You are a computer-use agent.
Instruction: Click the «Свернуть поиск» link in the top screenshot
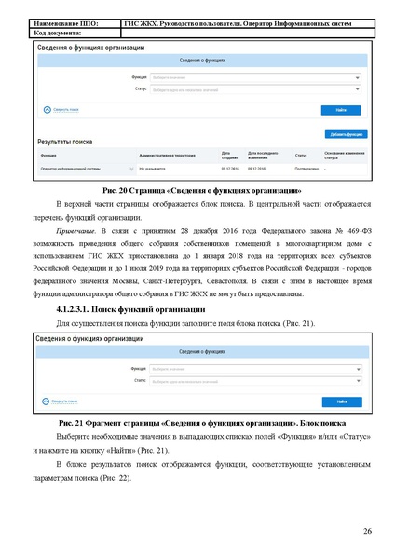click(62, 110)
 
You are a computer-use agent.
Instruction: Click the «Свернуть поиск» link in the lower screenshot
click(62, 402)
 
